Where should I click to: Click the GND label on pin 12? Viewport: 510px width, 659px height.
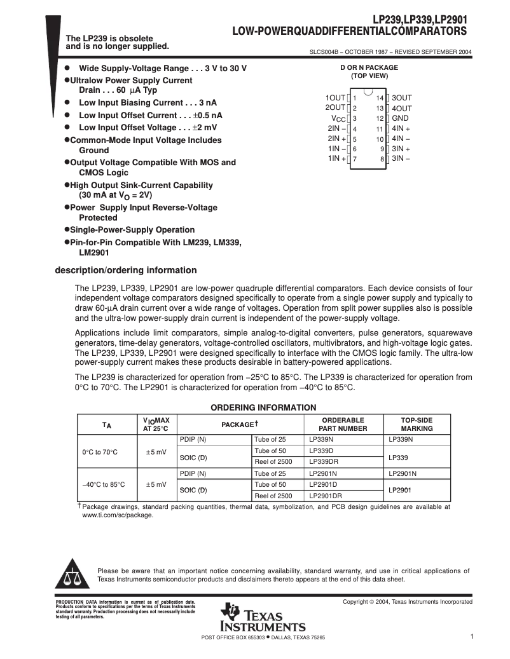pyautogui.click(x=400, y=118)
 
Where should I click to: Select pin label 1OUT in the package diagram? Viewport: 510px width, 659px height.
pyautogui.click(x=335, y=98)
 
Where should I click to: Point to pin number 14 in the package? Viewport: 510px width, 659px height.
pyautogui.click(x=380, y=99)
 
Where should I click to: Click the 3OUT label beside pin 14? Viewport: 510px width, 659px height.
pyautogui.click(x=402, y=98)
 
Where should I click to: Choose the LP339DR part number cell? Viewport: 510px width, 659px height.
pyautogui.click(x=325, y=461)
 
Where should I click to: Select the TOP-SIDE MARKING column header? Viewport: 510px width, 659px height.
pyautogui.click(x=417, y=425)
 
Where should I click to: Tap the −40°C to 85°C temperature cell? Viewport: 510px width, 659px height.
pyautogui.click(x=104, y=484)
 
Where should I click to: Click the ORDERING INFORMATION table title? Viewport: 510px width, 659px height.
pyautogui.click(x=263, y=407)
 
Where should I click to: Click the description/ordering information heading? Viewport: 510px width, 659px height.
pyautogui.click(x=126, y=270)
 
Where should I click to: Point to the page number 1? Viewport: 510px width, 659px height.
pyautogui.click(x=472, y=637)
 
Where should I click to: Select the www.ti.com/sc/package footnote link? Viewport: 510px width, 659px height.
pyautogui.click(x=118, y=515)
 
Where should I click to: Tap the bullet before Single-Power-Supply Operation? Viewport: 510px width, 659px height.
pyautogui.click(x=67, y=230)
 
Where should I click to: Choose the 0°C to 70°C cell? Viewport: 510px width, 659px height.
pyautogui.click(x=100, y=452)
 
